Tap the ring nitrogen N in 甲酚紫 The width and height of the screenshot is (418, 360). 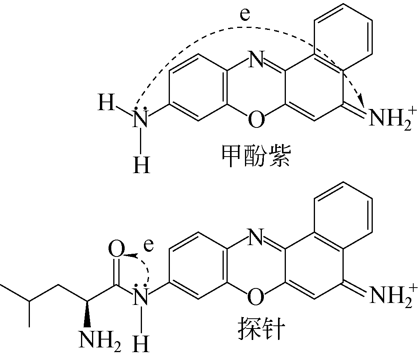(256, 60)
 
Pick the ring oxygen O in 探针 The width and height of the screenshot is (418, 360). (256, 296)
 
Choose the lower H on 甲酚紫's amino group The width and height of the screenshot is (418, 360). (141, 165)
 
